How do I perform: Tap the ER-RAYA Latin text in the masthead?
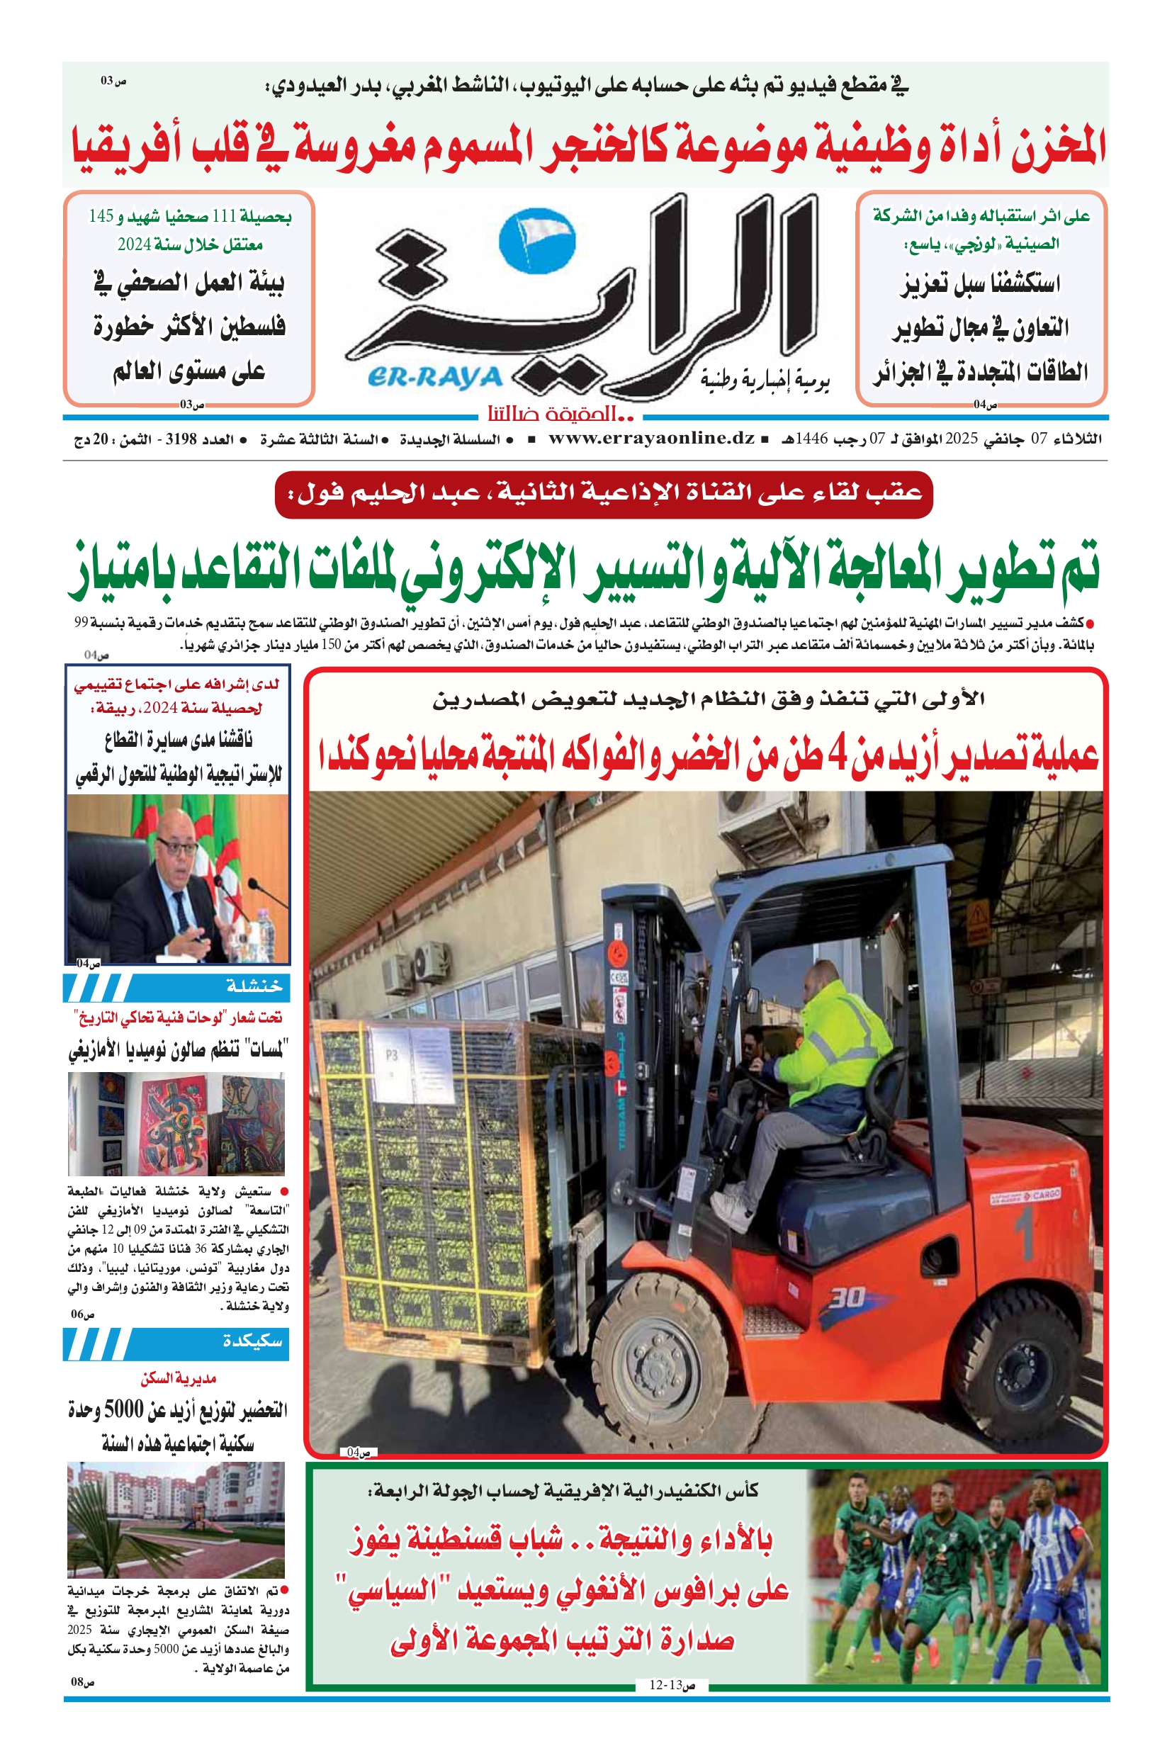[435, 378]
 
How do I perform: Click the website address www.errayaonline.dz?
[652, 439]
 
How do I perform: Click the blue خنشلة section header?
[176, 987]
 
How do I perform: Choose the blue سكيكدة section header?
[176, 1341]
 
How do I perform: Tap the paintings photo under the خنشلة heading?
[176, 1123]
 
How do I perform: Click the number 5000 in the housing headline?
[123, 1409]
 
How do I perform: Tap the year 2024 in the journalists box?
[135, 244]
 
